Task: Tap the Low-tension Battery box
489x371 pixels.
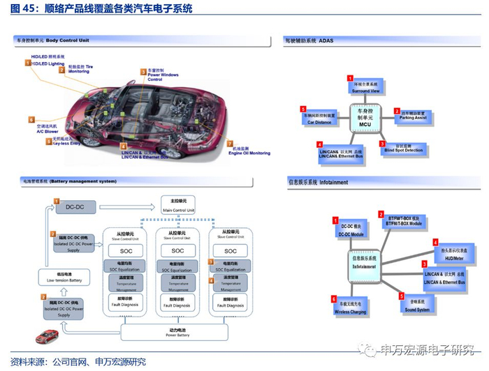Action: pos(64,277)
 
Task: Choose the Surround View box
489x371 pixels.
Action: pos(366,87)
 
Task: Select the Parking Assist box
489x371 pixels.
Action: pos(413,116)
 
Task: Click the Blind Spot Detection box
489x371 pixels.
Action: pos(404,148)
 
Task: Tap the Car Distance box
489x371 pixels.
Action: pos(319,119)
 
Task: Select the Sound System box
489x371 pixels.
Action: pos(418,306)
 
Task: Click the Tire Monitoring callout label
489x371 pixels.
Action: pos(78,69)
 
